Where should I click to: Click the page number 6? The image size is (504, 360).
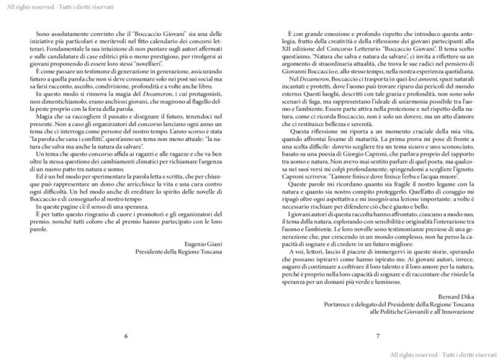click(127, 336)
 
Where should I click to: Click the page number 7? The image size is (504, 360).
click(377, 336)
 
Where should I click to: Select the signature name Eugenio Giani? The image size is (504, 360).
click(204, 244)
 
